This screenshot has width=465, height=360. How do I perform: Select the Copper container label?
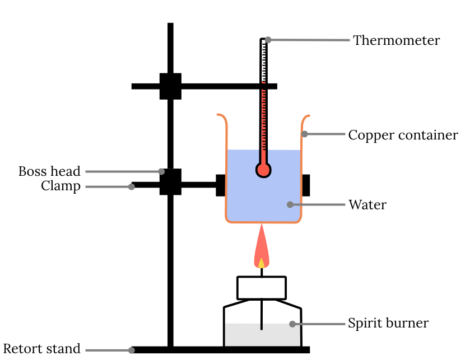[402, 134]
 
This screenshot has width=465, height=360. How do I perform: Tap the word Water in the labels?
[367, 205]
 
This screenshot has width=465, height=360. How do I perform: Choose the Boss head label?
[49, 171]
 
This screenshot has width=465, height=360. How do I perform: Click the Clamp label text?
[61, 186]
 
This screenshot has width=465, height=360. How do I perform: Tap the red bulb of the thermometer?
[264, 169]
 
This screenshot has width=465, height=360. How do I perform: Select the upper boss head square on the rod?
[169, 86]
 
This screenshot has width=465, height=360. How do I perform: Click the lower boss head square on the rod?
[169, 182]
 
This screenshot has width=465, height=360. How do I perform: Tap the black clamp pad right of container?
[305, 184]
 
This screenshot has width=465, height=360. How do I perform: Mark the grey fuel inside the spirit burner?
[262, 336]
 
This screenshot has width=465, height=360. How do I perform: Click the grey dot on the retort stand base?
[131, 350]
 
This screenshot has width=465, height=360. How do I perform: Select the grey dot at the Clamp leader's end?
[131, 186]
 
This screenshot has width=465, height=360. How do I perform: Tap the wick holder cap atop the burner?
[263, 284]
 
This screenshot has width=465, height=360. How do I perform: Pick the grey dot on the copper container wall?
[304, 134]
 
